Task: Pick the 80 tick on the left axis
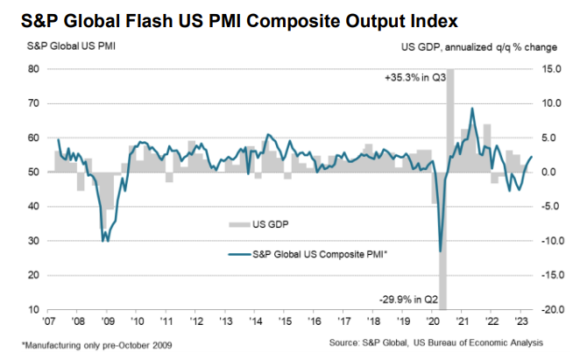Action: pyautogui.click(x=33, y=68)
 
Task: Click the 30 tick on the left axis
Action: pyautogui.click(x=33, y=241)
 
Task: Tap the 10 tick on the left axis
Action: pyautogui.click(x=33, y=309)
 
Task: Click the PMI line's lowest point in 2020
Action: pyautogui.click(x=440, y=251)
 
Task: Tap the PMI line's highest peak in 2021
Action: pyautogui.click(x=472, y=109)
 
